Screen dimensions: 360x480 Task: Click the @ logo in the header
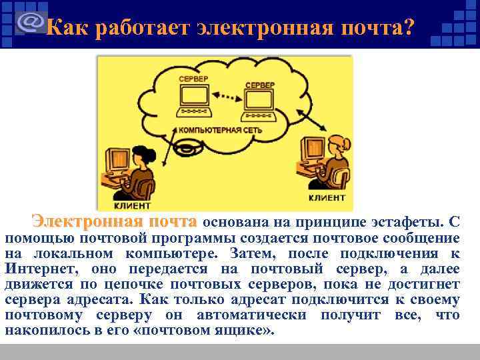(29, 21)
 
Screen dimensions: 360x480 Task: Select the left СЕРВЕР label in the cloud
(193, 79)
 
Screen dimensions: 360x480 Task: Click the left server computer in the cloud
(193, 100)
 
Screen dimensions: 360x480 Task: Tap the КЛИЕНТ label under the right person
(327, 198)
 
